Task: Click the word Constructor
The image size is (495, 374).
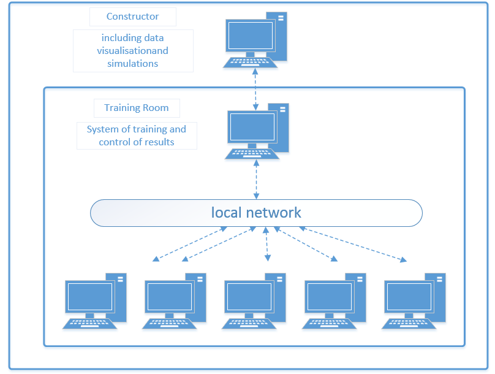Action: [x=132, y=17]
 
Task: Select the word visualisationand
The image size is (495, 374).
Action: [x=133, y=50]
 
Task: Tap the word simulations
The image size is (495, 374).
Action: [x=133, y=63]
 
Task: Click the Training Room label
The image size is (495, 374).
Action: [x=137, y=108]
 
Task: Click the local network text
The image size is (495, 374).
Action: [x=256, y=213]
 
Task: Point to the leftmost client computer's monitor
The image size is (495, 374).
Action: [x=90, y=297]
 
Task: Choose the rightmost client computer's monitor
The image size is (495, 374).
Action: [x=409, y=297]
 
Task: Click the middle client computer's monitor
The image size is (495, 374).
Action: [x=249, y=297]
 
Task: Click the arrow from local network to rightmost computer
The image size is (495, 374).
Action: [x=352, y=245]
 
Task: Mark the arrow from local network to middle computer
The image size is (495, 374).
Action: [x=266, y=243]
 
